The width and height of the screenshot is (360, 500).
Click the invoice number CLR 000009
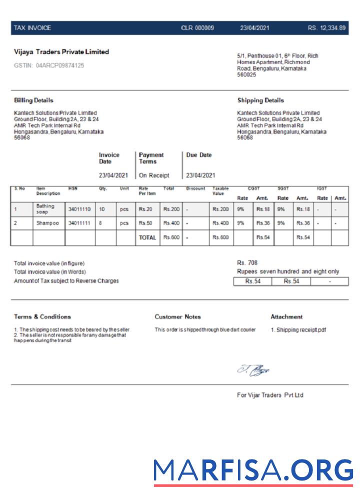pos(197,28)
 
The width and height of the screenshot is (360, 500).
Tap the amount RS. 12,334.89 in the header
pos(326,28)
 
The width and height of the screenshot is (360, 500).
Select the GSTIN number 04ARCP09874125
pos(49,65)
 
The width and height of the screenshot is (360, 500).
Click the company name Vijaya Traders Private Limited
pos(61,52)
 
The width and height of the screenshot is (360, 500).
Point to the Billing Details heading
pos(33,100)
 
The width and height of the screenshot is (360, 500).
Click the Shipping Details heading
pos(260,100)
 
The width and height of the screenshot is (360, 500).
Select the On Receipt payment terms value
pos(154,175)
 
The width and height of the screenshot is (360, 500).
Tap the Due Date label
pos(199,155)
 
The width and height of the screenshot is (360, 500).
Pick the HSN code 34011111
pos(79,223)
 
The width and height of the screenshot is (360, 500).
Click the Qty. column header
pos(103,188)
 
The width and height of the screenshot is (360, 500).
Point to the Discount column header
pos(195,188)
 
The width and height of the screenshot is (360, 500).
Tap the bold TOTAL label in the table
pos(147,238)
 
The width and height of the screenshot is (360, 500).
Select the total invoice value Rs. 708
pos(247,263)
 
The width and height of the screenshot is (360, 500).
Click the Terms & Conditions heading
pos(42,317)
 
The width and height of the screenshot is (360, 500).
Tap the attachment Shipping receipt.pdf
pos(298,330)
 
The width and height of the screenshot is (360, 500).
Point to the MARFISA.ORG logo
pos(253,470)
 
